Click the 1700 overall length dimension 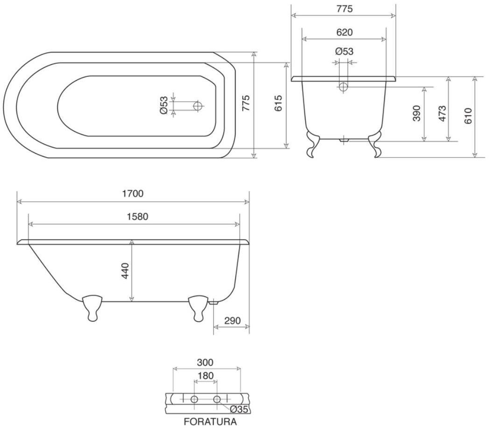tap(133, 193)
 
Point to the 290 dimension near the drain tap(232, 321)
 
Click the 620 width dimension tap(344, 32)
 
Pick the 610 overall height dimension tap(468, 116)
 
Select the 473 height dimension tap(442, 113)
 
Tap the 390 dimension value tap(417, 113)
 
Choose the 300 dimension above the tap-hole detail tap(205, 362)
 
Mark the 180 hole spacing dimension tap(205, 376)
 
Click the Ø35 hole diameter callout tap(238, 410)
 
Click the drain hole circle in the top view tap(198, 106)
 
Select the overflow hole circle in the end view tap(343, 87)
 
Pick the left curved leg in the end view tap(312, 144)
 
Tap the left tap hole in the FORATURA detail tap(195, 399)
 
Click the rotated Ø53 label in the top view tap(164, 106)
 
